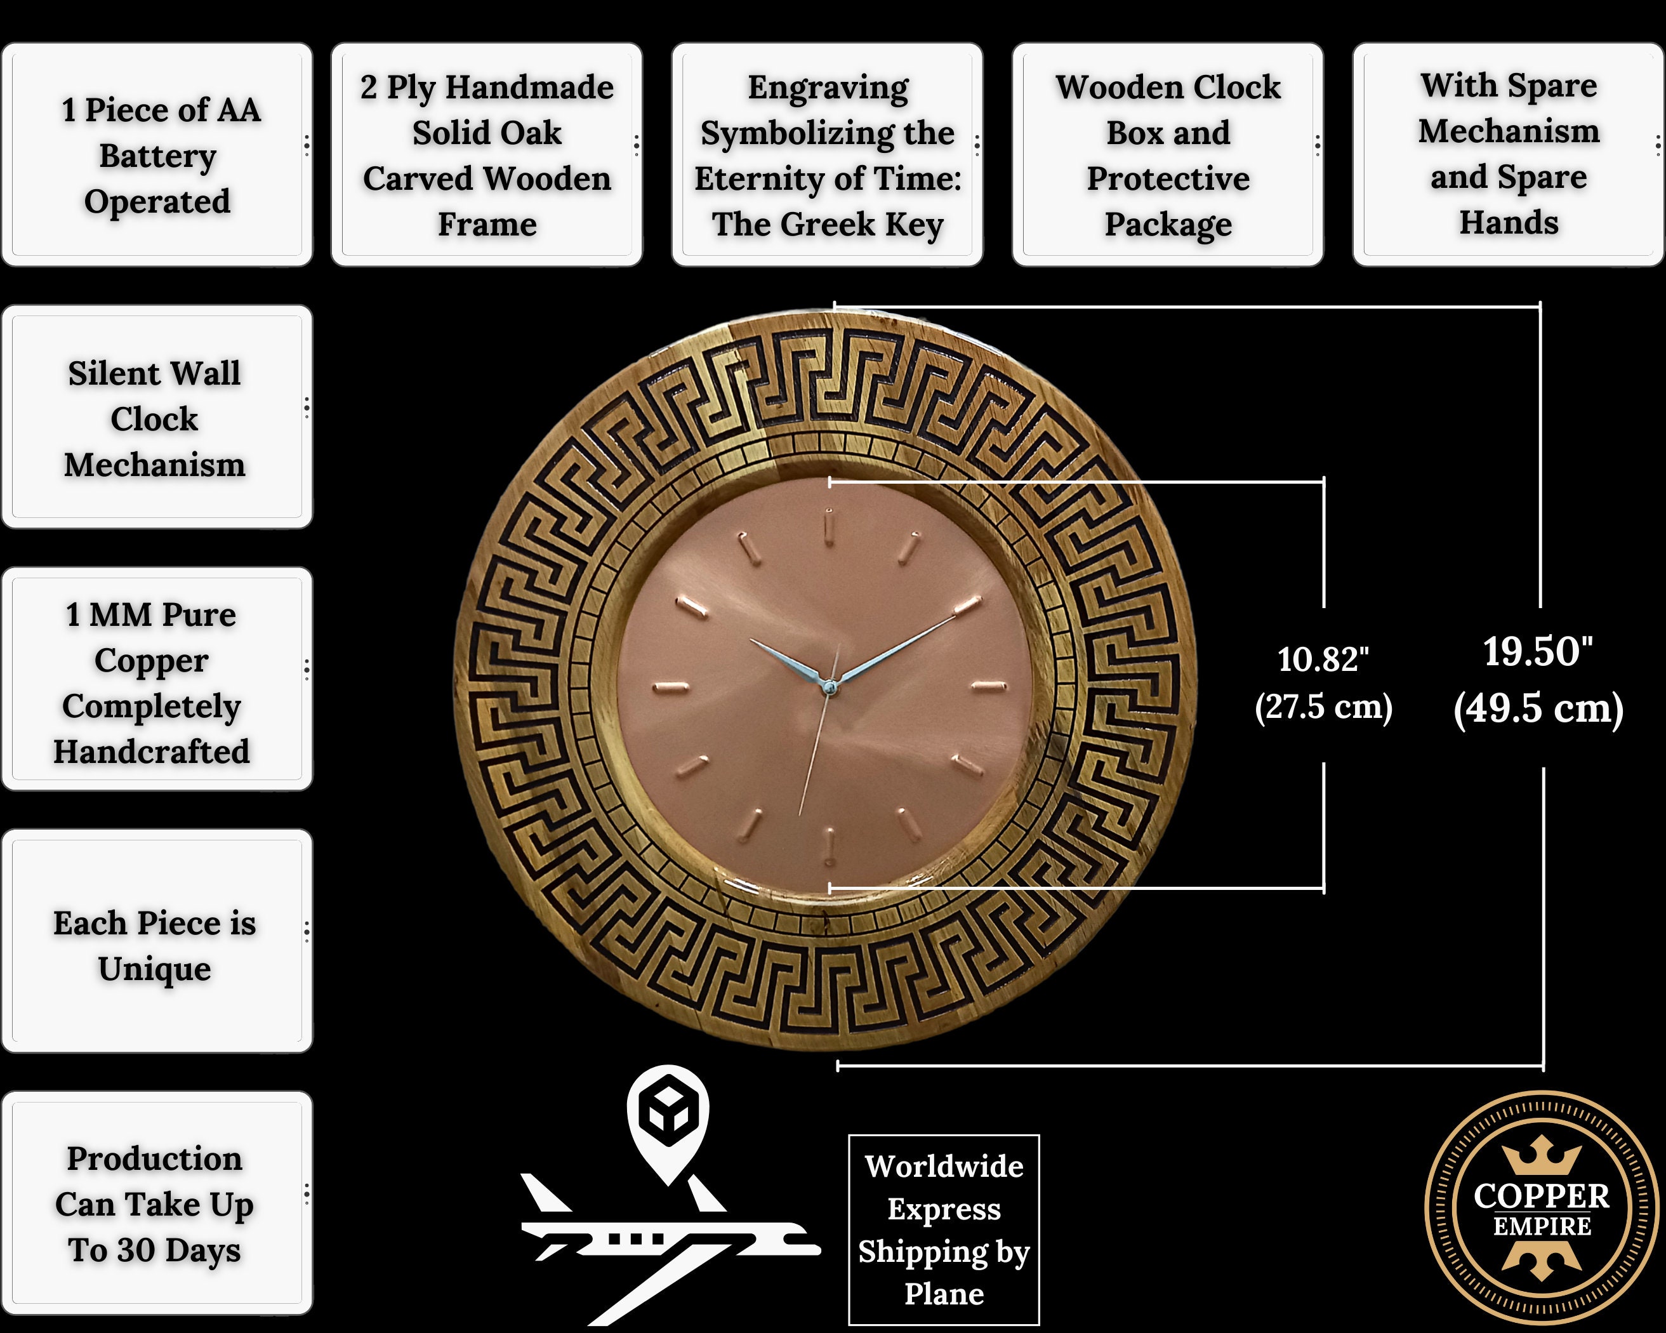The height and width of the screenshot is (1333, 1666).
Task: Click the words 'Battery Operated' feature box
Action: (x=157, y=154)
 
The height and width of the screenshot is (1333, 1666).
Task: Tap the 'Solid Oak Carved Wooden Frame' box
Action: (x=487, y=154)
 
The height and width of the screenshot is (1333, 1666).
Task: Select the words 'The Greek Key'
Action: (x=828, y=225)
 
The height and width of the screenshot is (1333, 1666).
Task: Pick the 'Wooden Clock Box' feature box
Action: (x=1168, y=154)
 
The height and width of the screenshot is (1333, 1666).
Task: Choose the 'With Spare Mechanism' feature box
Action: (x=1509, y=154)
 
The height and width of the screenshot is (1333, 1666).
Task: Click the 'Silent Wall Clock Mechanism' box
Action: (x=157, y=417)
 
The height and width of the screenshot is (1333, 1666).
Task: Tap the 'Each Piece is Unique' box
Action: (x=157, y=941)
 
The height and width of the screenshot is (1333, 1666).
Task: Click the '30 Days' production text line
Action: (x=155, y=1250)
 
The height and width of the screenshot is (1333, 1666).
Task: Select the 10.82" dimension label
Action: (x=1323, y=659)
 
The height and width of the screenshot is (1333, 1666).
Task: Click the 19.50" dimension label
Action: (x=1538, y=651)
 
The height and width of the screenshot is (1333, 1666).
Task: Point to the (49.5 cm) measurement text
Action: (x=1538, y=708)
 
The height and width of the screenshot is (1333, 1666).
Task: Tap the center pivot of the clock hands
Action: (x=829, y=686)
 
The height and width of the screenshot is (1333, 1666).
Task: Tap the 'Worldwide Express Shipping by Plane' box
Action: (x=944, y=1230)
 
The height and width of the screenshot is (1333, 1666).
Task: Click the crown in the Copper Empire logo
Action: (x=1542, y=1155)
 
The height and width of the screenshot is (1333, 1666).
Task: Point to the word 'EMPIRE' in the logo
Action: (x=1542, y=1226)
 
